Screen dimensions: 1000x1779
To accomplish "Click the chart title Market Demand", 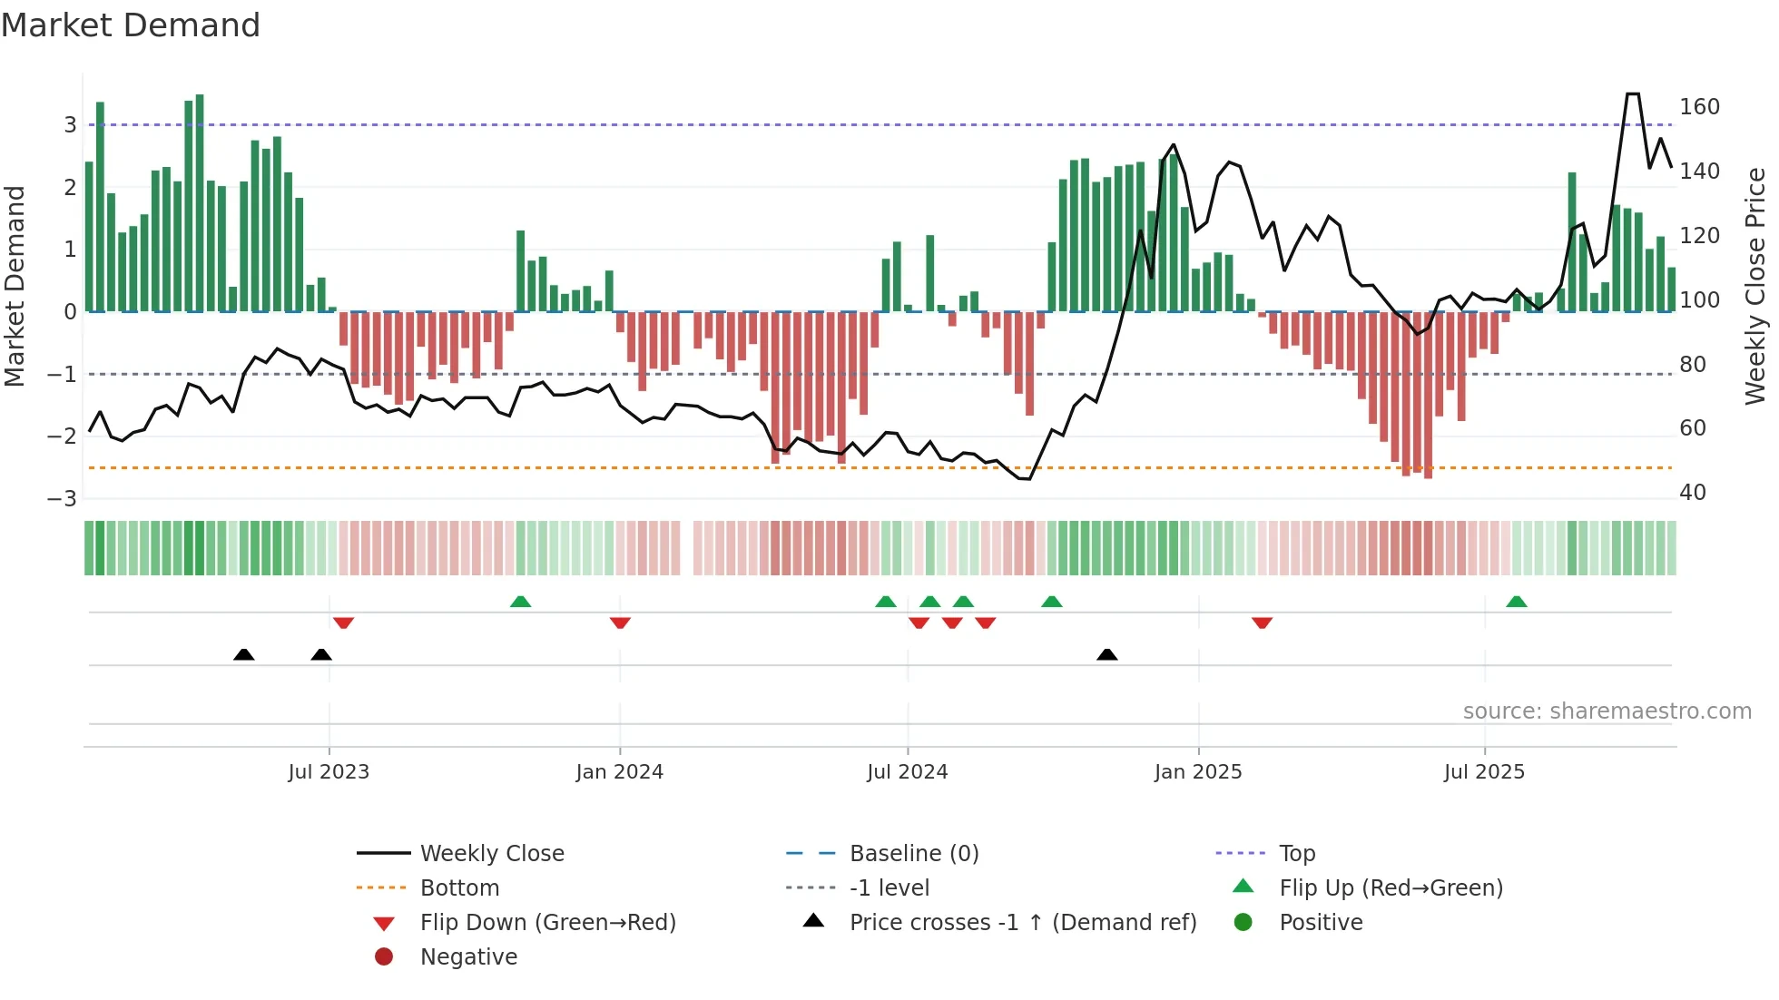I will [x=131, y=25].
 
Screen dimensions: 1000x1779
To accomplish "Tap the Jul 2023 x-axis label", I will [x=329, y=772].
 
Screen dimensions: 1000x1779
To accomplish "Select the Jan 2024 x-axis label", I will [x=619, y=772].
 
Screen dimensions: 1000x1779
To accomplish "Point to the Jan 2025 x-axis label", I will [x=1198, y=772].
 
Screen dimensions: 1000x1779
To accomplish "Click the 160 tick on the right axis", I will [x=1699, y=107].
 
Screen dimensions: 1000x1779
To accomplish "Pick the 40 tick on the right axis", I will [x=1693, y=493].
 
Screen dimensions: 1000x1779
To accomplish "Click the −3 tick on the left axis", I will [x=62, y=498].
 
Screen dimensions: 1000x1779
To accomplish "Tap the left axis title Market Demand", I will [x=15, y=286].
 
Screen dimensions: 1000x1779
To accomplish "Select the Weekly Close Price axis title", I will [x=1755, y=286].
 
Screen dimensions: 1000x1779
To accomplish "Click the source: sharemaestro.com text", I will [x=1607, y=711].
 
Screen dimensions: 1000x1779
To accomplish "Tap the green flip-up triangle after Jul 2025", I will [x=1516, y=602].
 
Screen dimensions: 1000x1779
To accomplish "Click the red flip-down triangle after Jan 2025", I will [x=1262, y=623].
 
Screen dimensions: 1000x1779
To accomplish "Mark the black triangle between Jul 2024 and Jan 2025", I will [x=1106, y=654].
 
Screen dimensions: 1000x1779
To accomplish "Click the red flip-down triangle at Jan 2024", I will [x=620, y=623].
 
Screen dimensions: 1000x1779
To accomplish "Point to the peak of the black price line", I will [x=1632, y=93].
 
